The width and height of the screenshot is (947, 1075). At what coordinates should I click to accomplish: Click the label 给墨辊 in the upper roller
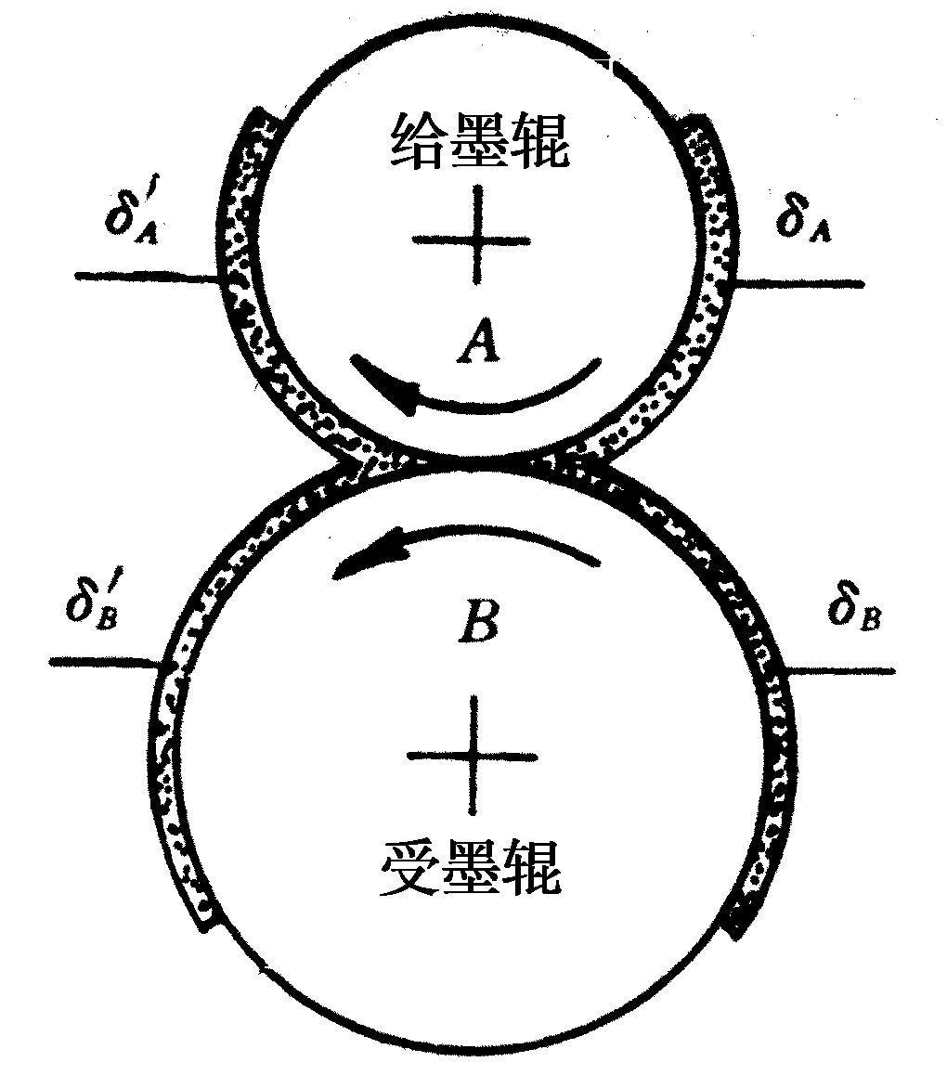tap(479, 141)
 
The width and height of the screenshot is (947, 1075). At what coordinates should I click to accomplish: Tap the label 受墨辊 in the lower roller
tap(471, 866)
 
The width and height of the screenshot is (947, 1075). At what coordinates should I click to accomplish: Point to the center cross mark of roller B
tap(473, 755)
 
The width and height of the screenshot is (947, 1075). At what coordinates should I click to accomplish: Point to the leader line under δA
tap(798, 282)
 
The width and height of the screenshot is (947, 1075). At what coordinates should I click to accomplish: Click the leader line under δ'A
tap(148, 277)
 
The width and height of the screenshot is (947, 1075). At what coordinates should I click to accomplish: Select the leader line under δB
tap(841, 670)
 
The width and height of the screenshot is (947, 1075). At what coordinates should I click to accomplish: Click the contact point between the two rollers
tap(473, 460)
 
